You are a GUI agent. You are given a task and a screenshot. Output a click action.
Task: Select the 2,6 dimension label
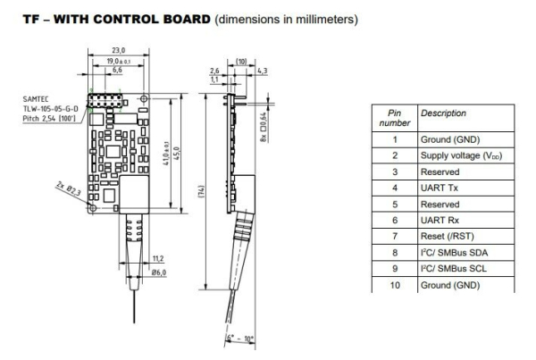[214, 70]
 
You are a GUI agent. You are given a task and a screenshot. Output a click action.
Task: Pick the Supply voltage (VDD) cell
[459, 155]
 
